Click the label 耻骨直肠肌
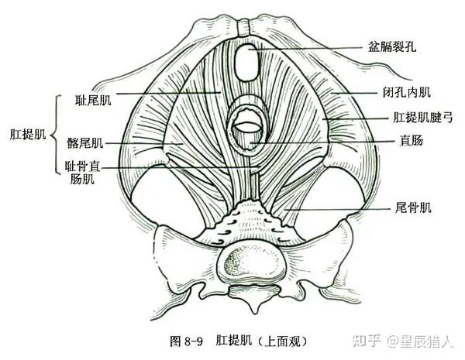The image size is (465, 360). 82,173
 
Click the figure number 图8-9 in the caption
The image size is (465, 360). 184,341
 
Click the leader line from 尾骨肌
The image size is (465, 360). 333,209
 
